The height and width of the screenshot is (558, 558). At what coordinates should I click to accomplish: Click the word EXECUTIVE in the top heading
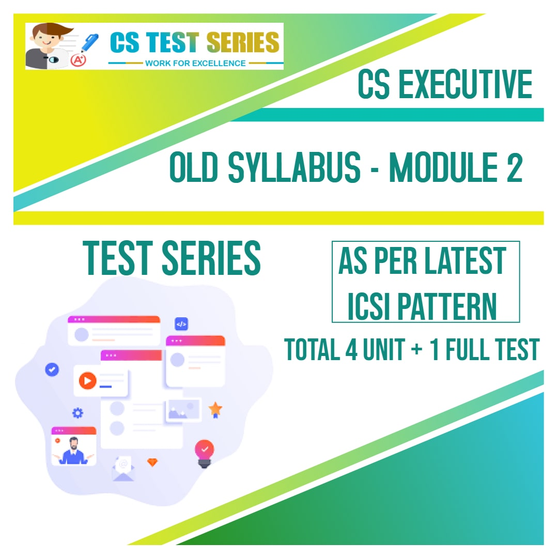(466, 84)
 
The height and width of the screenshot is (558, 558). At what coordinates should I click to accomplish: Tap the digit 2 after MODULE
(514, 167)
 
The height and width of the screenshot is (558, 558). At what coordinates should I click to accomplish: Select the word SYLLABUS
(295, 167)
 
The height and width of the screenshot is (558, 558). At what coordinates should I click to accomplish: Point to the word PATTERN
(446, 306)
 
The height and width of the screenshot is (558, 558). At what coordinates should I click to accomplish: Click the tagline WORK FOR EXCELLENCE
(195, 64)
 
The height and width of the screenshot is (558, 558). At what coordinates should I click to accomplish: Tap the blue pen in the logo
(89, 42)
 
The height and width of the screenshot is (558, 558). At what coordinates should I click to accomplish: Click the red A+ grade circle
(78, 60)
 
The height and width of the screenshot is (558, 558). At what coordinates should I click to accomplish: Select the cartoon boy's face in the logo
(48, 37)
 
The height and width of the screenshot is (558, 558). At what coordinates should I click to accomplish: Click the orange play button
(87, 380)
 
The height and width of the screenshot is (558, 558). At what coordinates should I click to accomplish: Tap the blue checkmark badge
(52, 370)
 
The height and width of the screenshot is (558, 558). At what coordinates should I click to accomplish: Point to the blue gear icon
(78, 413)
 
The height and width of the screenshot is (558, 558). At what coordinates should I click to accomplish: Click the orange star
(215, 409)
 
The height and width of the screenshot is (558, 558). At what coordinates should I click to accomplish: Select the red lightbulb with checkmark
(204, 454)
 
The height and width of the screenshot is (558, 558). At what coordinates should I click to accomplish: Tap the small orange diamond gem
(152, 462)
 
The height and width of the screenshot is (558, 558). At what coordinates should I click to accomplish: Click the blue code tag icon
(181, 324)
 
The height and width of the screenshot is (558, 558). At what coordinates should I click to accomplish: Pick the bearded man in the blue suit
(74, 451)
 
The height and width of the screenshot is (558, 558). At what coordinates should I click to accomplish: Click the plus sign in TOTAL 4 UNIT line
(417, 350)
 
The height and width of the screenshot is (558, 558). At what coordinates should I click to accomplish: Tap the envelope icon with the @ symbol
(123, 469)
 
